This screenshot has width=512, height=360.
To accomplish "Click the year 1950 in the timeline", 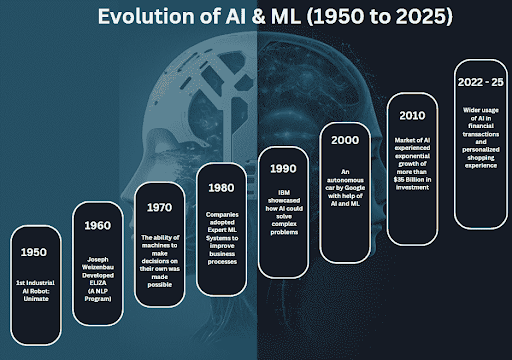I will pyautogui.click(x=35, y=252).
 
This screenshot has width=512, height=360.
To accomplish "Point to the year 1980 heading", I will pyautogui.click(x=221, y=186).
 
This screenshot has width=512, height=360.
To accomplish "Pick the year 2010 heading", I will pyautogui.click(x=412, y=115).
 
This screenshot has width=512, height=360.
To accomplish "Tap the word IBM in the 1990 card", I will pyautogui.click(x=285, y=187).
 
